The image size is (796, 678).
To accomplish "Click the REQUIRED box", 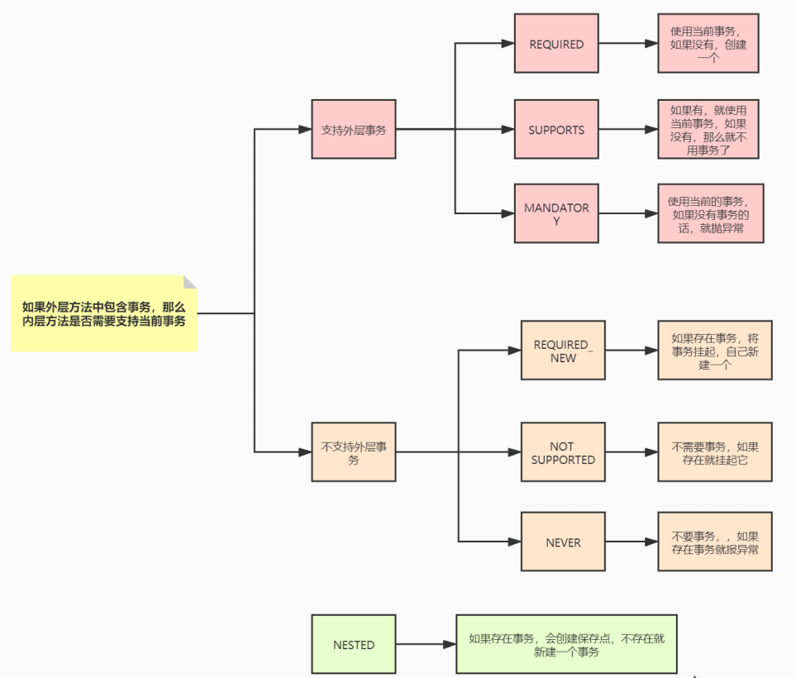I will [556, 44].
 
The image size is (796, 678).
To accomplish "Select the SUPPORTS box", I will [556, 130].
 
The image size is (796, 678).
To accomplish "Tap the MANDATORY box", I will [556, 213].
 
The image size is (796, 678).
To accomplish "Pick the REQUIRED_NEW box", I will [563, 351].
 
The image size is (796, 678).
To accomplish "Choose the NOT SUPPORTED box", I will [563, 452].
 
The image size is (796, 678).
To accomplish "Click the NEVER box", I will [563, 542].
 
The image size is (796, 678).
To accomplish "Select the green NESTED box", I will [354, 644].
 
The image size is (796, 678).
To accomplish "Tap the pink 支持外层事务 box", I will [354, 130].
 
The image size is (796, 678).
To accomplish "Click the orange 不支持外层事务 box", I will [354, 452].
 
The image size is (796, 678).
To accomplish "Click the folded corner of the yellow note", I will [190, 282].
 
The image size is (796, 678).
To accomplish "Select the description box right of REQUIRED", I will [708, 44].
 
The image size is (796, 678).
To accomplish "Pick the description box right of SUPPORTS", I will [708, 130].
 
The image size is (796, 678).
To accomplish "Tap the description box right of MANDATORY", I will [710, 213].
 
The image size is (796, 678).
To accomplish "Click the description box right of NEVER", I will [714, 542].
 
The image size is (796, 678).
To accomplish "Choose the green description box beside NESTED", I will [566, 644].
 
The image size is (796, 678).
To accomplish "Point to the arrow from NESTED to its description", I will [426, 644].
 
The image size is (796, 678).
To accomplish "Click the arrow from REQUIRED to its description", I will [628, 44].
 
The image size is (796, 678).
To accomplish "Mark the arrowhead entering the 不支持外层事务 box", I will [303, 452].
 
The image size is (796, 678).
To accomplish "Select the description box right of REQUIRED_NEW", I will [714, 351].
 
